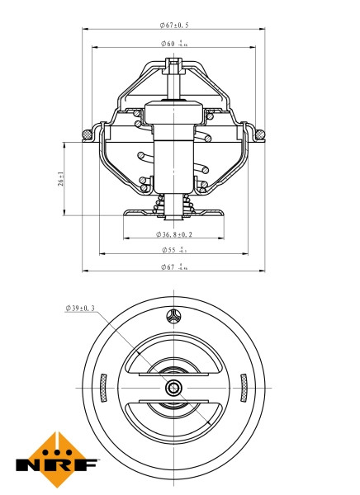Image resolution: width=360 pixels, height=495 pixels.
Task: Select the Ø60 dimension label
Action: tap(174, 43)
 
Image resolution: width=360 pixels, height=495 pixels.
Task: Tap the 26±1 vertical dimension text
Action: tap(61, 179)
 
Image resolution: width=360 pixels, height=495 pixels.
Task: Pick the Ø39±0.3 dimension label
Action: tap(80, 309)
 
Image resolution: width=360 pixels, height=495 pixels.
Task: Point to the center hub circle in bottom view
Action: tap(173, 388)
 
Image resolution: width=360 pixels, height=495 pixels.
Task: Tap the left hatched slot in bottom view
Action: tap(103, 388)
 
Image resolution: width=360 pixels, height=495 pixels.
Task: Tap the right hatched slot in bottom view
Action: tap(244, 388)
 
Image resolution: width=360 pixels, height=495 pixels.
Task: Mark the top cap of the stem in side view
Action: tap(173, 64)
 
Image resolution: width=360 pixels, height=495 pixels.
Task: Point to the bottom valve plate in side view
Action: tap(173, 214)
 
